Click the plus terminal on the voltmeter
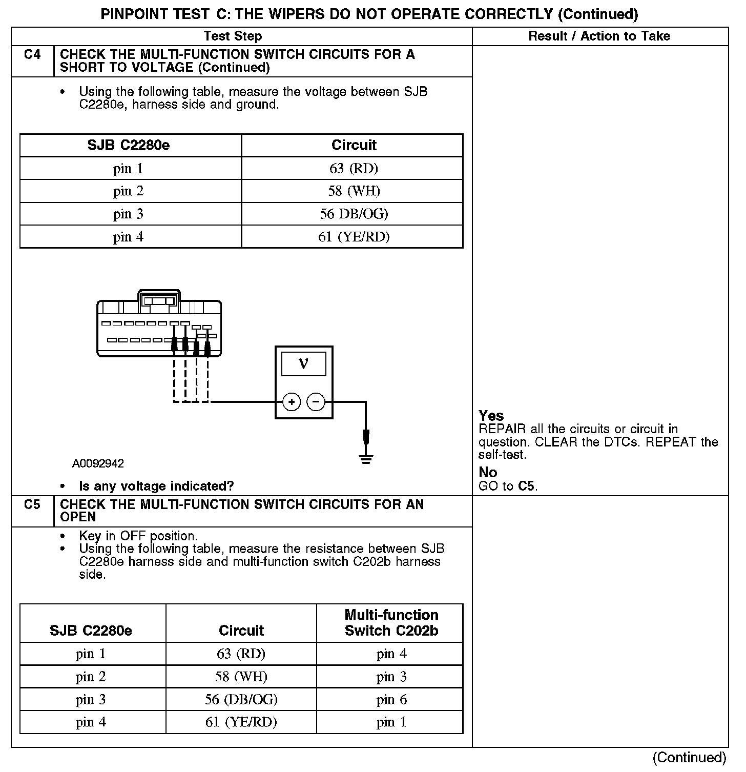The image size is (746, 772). pyautogui.click(x=291, y=402)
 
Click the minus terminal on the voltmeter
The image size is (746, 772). pyautogui.click(x=316, y=402)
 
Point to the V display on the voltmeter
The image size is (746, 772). pyautogui.click(x=303, y=364)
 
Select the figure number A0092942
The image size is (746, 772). pyautogui.click(x=98, y=464)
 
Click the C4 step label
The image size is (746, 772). pyautogui.click(x=32, y=54)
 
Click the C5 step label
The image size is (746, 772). pyautogui.click(x=32, y=505)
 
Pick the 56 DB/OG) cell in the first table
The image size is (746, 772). pyautogui.click(x=354, y=214)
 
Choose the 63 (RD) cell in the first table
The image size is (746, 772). pyautogui.click(x=354, y=168)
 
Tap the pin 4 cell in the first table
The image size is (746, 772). pyautogui.click(x=128, y=237)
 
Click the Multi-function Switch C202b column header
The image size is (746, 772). pyautogui.click(x=391, y=623)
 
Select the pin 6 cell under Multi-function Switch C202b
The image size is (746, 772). pyautogui.click(x=391, y=699)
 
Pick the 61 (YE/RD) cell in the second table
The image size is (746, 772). pyautogui.click(x=241, y=722)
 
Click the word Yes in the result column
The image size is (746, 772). pyautogui.click(x=491, y=416)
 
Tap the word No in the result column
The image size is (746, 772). pyautogui.click(x=488, y=472)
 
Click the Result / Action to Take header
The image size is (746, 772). pyautogui.click(x=599, y=36)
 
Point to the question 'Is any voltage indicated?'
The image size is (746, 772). pyautogui.click(x=156, y=486)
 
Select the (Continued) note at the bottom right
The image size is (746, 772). pyautogui.click(x=689, y=758)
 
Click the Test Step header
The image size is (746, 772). pyautogui.click(x=233, y=36)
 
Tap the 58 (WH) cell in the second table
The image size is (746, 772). pyautogui.click(x=241, y=677)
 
